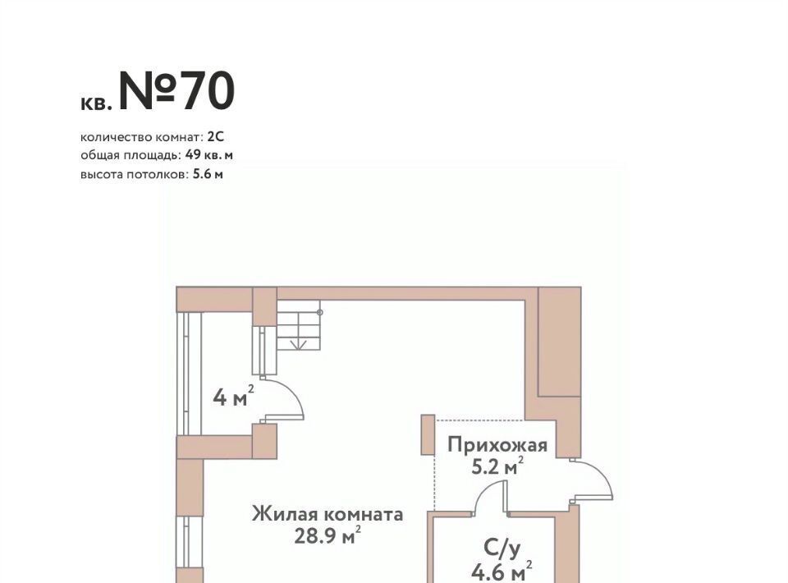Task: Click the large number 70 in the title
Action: click(x=208, y=91)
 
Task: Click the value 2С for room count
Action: click(x=216, y=136)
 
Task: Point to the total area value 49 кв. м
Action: click(x=209, y=155)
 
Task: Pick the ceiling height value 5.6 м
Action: click(x=208, y=174)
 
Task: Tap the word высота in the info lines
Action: click(x=99, y=174)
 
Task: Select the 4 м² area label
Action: click(x=233, y=397)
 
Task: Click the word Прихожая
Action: click(x=497, y=445)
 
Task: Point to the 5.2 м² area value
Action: click(x=497, y=466)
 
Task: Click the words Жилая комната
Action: click(x=328, y=514)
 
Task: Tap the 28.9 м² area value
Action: click(x=328, y=535)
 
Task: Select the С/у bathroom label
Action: click(x=502, y=549)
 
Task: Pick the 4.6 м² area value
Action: click(x=502, y=572)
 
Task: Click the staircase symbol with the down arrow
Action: click(x=299, y=325)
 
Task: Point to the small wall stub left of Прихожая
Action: click(x=428, y=434)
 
